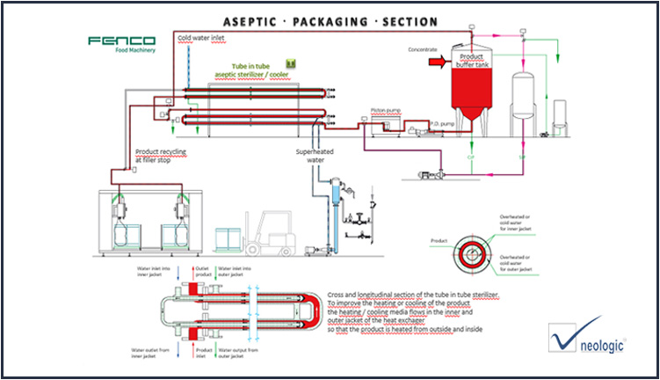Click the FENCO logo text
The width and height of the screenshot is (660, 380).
120,41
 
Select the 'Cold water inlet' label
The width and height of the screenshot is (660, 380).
202,39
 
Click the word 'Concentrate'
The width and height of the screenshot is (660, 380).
422,49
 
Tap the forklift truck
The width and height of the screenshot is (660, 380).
267,233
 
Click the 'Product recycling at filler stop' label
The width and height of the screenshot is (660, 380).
161,157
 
